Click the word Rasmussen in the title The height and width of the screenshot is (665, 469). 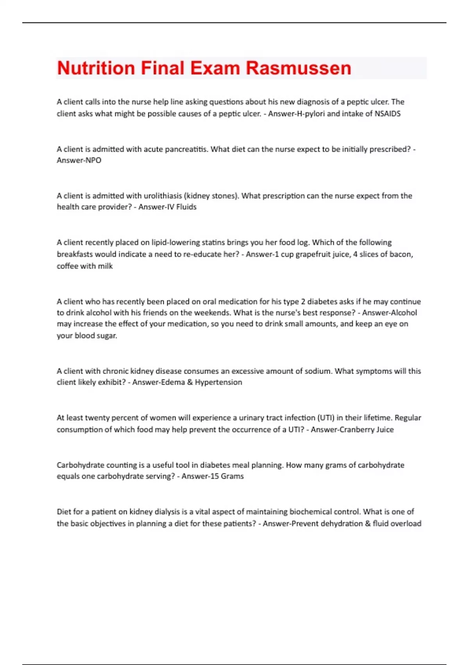299,68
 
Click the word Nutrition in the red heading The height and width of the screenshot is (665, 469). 96,68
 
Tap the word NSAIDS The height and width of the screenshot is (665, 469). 387,114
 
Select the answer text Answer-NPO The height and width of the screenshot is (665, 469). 79,160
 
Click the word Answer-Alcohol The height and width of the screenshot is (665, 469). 389,313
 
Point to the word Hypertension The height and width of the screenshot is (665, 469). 218,382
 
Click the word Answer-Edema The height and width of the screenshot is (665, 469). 158,382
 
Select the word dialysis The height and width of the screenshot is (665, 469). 165,512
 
